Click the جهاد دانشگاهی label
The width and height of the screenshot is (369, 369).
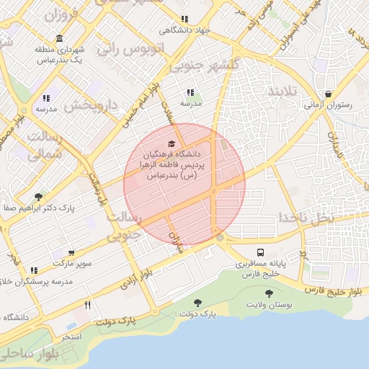pyautogui.click(x=184, y=30)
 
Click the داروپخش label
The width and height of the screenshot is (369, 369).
pyautogui.click(x=91, y=105)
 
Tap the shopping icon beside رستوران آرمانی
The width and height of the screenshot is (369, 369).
pyautogui.click(x=329, y=93)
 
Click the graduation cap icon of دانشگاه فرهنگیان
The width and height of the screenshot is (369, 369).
pyautogui.click(x=171, y=143)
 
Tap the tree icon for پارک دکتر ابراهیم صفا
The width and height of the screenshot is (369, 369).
pyautogui.click(x=37, y=196)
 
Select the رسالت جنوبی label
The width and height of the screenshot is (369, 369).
pyautogui.click(x=123, y=226)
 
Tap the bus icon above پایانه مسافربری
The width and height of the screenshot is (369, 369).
pyautogui.click(x=260, y=253)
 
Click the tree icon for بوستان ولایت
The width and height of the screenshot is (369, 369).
pyautogui.click(x=269, y=293)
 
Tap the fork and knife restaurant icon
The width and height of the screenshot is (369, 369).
pyautogui.click(x=88, y=305)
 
